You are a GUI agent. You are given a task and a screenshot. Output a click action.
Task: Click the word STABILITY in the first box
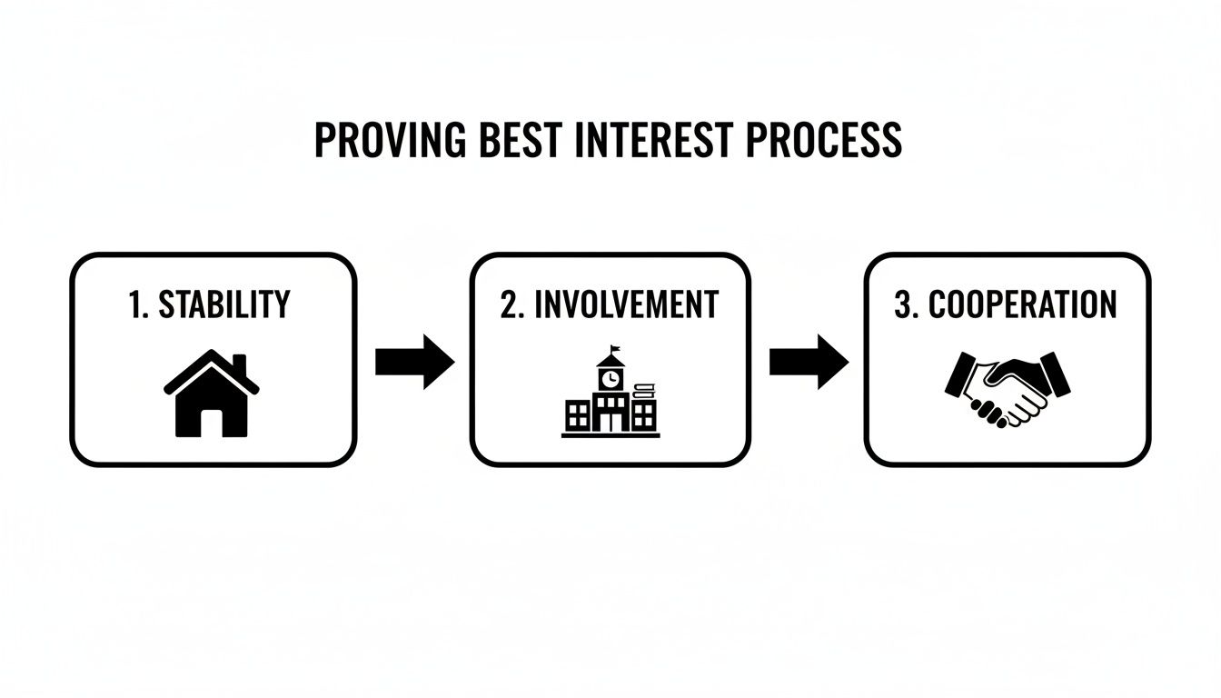point(224,305)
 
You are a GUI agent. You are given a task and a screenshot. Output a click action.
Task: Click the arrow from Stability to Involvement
point(414,362)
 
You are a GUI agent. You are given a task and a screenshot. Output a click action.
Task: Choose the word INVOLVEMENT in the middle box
point(626,305)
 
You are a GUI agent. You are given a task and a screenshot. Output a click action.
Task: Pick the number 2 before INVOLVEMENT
point(509,305)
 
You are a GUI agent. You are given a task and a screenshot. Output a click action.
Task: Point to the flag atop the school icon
point(616,350)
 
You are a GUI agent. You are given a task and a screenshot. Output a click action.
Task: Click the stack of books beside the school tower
point(643,392)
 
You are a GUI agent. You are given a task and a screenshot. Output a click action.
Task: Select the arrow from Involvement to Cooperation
point(809,362)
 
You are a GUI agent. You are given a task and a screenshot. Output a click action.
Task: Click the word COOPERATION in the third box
point(1022,305)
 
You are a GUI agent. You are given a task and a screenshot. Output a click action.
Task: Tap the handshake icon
point(1007,389)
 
